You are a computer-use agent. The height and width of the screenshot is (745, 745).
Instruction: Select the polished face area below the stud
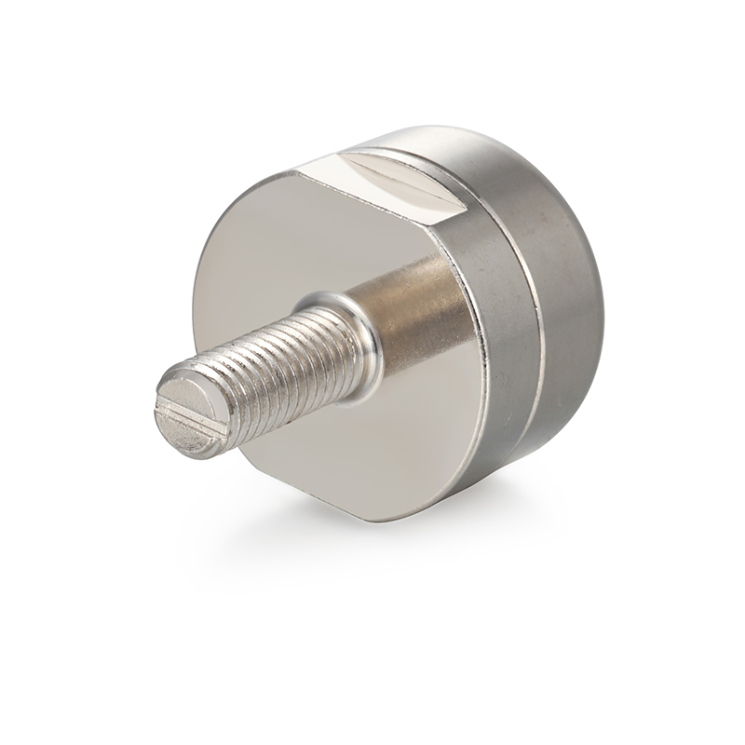[372, 447]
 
